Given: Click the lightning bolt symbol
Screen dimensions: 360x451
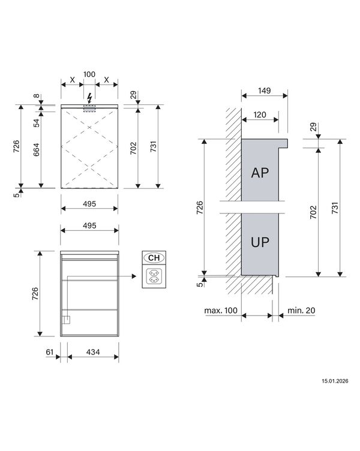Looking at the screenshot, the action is tap(90, 98).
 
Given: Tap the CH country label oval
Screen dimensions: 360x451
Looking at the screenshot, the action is tap(154, 258).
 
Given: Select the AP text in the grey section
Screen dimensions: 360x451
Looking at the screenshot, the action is tap(260, 173).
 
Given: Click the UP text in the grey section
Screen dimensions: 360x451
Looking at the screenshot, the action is tap(260, 242).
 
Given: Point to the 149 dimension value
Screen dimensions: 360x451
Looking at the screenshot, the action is tap(265, 91).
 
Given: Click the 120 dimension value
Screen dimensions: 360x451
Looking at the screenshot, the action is tap(260, 115).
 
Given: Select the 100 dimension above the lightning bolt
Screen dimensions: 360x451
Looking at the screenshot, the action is tap(89, 74).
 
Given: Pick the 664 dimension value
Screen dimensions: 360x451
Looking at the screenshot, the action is tap(36, 149).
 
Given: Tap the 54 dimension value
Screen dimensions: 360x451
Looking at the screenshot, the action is tap(36, 123).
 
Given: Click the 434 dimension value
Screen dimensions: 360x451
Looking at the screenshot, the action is tap(93, 352).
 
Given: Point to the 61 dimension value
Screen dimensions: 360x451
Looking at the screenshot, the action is tap(50, 352).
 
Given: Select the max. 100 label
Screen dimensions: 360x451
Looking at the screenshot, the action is tap(221, 311).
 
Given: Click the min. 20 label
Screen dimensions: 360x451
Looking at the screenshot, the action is tap(301, 311).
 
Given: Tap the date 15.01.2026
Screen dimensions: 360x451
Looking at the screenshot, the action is tap(335, 381).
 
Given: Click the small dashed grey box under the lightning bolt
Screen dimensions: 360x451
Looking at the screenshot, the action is tap(89, 109).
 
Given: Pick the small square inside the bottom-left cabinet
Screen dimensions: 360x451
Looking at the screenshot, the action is tap(67, 320).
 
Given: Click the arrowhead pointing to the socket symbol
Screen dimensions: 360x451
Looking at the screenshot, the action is tap(134, 276).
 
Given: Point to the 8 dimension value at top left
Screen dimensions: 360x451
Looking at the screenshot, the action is tap(36, 96).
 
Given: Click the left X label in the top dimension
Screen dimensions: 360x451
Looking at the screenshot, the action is tap(72, 80).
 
